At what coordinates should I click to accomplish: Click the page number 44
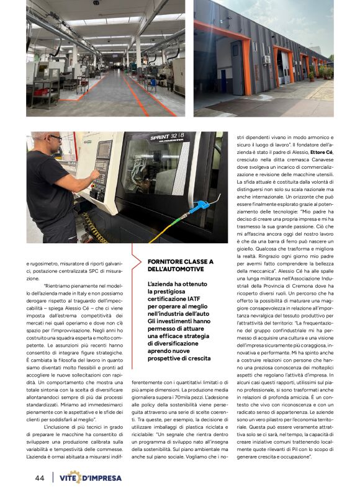39,478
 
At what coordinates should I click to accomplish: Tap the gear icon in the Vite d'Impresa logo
75,477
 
